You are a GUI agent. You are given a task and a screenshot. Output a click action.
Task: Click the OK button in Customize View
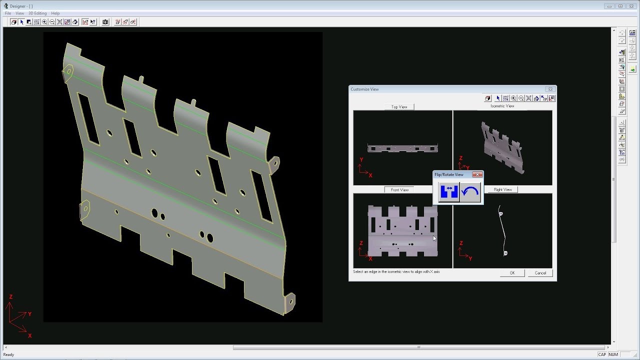click(512, 273)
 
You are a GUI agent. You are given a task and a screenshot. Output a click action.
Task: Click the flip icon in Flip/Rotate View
click(448, 192)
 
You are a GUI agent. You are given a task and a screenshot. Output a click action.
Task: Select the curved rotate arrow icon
click(470, 192)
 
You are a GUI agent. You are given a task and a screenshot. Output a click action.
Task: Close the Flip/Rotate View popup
click(477, 174)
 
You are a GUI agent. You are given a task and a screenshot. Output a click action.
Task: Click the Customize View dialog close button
click(550, 89)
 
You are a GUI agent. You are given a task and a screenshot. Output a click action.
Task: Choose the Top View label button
click(399, 107)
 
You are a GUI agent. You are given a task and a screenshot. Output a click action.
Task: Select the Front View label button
click(399, 190)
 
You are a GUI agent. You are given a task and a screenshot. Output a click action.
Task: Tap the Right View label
click(502, 190)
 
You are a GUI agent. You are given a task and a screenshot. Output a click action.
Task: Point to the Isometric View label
click(502, 106)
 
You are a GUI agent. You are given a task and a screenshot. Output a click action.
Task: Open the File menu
click(8, 13)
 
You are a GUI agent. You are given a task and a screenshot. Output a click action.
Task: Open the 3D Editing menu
click(37, 13)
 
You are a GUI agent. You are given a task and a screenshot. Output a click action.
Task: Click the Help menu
click(55, 13)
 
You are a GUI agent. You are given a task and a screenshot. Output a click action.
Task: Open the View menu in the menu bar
click(19, 13)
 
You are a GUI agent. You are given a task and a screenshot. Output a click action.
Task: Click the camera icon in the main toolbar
click(105, 22)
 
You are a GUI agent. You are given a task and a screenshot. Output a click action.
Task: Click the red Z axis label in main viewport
click(10, 297)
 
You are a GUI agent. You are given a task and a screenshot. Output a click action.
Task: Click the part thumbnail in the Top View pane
click(402, 148)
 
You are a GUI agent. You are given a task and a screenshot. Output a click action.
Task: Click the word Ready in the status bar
click(8, 354)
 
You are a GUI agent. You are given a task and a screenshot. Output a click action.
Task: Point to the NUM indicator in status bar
click(613, 354)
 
